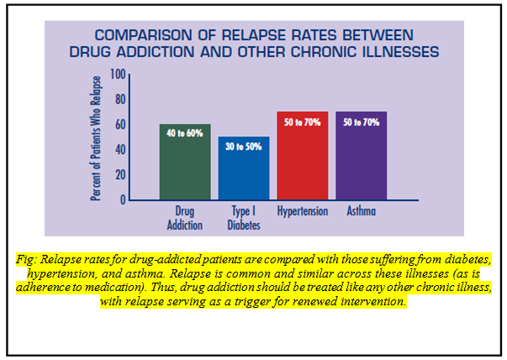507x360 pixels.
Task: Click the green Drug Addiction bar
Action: point(185,168)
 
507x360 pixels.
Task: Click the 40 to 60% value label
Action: point(185,133)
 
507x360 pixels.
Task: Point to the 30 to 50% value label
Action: point(244,146)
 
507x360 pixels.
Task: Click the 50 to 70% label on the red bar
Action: point(303,121)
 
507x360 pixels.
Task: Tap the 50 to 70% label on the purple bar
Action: point(361,121)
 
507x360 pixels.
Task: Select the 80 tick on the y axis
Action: point(119,100)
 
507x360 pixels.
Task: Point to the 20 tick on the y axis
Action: point(119,175)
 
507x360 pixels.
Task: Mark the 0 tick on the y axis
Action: point(122,200)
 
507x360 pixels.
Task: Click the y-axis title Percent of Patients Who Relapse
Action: point(95,138)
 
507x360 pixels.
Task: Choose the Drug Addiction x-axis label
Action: point(185,218)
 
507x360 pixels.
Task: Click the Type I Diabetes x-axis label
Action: point(244,218)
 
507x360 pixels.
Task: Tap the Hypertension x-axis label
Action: point(303,212)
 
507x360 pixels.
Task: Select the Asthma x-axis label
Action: point(361,212)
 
